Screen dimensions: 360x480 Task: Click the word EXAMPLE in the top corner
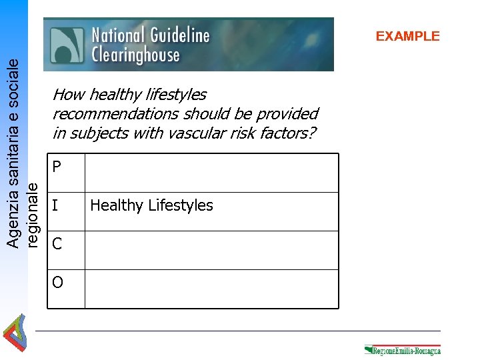407,37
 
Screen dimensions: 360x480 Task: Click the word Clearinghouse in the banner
135,55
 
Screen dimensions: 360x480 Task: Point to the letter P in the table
57,167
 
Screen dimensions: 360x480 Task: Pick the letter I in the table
55,205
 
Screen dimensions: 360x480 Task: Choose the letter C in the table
57,244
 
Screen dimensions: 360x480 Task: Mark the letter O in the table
57,283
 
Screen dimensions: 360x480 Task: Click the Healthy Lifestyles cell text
151,205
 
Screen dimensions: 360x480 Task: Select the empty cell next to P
211,173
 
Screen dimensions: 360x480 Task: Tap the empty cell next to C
211,250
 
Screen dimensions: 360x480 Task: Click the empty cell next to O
211,289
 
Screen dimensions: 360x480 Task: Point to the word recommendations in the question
109,114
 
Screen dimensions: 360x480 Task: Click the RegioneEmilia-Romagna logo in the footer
403,350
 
